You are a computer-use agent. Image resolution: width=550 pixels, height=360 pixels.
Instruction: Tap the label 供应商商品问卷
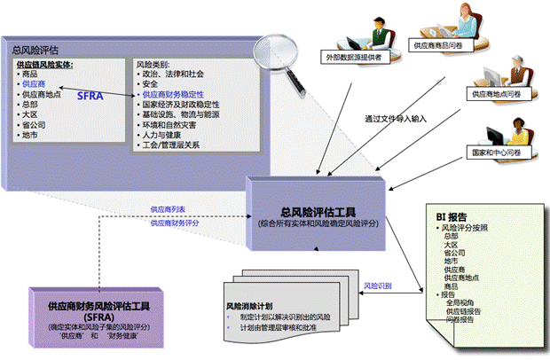(x=441, y=44)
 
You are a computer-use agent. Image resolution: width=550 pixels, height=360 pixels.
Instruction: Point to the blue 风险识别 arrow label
(x=379, y=286)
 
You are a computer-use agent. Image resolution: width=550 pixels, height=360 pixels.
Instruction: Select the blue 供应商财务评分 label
(x=173, y=223)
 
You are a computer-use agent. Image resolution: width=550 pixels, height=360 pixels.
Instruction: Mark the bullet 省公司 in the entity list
(x=35, y=125)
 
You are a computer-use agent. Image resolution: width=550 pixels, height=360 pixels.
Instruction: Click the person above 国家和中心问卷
(x=495, y=129)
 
